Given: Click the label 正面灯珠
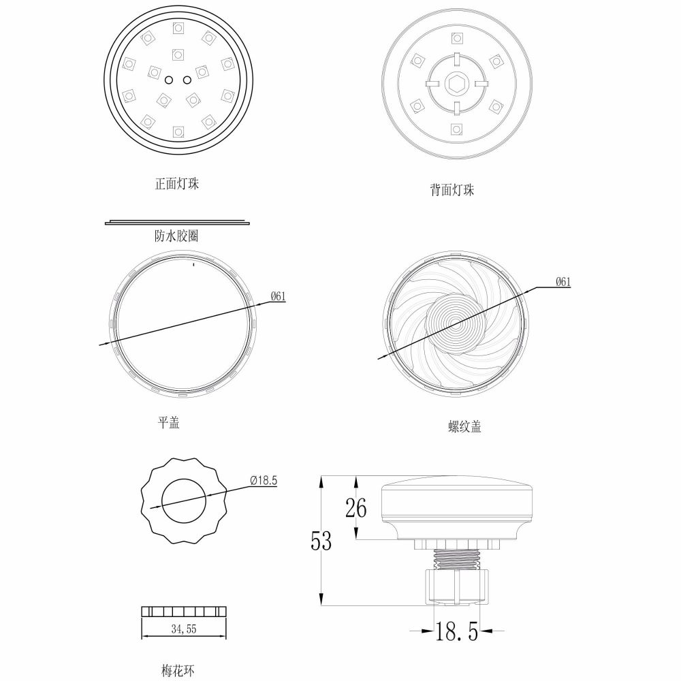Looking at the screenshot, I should pyautogui.click(x=177, y=184).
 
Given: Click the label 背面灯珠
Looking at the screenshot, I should pyautogui.click(x=452, y=191).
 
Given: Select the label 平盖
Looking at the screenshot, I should pyautogui.click(x=169, y=422).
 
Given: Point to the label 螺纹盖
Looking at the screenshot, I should pyautogui.click(x=465, y=427).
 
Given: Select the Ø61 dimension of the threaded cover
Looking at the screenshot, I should pyautogui.click(x=563, y=282).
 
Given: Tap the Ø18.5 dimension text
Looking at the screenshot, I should pyautogui.click(x=264, y=480).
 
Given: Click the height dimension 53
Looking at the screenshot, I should pyautogui.click(x=321, y=541).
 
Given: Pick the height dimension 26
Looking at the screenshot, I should pyautogui.click(x=355, y=508).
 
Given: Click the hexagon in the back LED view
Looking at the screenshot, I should pyautogui.click(x=456, y=84).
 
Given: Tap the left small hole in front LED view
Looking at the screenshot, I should pyautogui.click(x=169, y=79).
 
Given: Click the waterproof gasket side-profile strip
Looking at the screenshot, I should pyautogui.click(x=178, y=222).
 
